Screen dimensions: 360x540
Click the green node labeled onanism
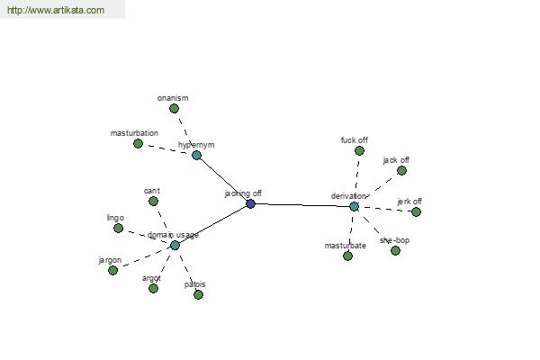tap(174, 108)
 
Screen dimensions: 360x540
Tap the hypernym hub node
tap(196, 155)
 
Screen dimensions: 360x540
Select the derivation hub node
tap(354, 206)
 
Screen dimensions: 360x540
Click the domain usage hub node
tap(175, 245)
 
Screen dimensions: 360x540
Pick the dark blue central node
tap(250, 203)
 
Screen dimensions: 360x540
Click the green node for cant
tap(153, 201)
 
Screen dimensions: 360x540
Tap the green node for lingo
tap(118, 228)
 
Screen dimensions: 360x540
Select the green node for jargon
tap(112, 270)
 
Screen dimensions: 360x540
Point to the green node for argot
tap(153, 288)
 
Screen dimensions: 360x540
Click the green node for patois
tap(198, 294)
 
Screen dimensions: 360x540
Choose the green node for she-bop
tap(395, 250)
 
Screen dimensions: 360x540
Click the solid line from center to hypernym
tap(223, 179)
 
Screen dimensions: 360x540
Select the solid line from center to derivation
tap(301, 204)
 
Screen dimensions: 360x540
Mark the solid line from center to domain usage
tap(212, 224)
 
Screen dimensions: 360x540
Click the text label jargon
tap(110, 260)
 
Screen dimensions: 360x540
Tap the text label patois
tap(194, 284)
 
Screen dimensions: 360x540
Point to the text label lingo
tap(115, 218)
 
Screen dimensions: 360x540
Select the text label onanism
tap(172, 98)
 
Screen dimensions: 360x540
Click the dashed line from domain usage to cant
tap(164, 223)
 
